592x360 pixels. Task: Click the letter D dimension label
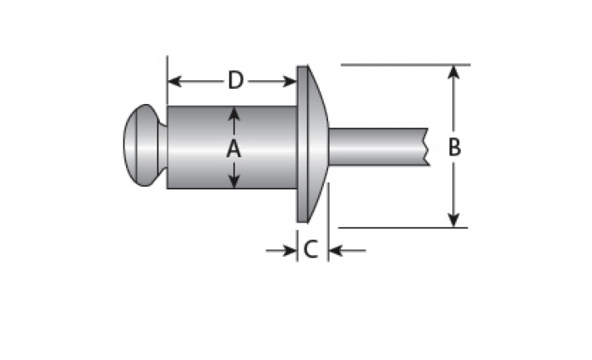236,80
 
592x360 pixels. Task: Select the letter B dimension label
455,147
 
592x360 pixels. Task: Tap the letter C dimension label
310,249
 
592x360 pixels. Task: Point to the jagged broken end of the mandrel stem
427,147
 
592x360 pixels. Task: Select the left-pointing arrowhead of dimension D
174,81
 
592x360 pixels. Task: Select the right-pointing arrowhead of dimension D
289,81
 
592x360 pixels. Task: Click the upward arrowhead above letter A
234,114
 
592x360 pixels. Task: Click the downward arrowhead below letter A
234,181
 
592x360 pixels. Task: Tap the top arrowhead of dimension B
453,73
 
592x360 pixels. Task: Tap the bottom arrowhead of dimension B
453,221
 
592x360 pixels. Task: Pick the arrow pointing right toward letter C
282,250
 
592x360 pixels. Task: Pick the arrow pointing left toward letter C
348,250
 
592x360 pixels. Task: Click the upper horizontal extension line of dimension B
405,65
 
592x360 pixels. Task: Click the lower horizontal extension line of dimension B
403,228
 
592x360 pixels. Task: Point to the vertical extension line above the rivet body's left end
167,81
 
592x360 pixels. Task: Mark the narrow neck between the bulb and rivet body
163,145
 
